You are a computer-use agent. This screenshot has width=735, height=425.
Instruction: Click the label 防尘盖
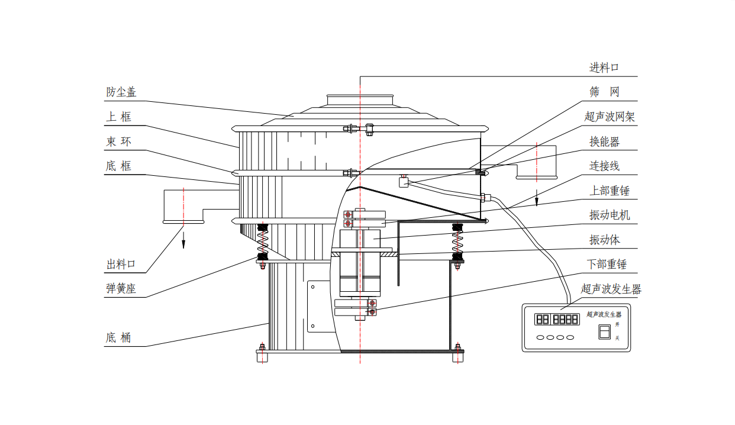coord(121,92)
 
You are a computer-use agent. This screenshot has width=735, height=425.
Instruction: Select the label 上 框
coord(118,117)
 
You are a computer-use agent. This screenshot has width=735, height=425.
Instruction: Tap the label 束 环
coord(118,142)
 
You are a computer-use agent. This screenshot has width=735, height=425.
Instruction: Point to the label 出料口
coord(121,265)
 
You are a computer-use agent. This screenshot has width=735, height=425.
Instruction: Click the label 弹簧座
coord(121,289)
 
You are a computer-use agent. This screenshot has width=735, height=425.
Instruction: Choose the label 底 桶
coord(118,338)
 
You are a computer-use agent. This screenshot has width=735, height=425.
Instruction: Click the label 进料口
coord(604,68)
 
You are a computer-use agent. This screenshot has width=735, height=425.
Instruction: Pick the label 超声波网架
coord(610,117)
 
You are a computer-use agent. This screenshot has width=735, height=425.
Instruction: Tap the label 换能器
coord(604,142)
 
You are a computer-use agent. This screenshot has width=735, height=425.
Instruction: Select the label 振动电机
coord(610,215)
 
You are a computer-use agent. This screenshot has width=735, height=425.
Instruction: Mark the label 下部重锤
coord(607,265)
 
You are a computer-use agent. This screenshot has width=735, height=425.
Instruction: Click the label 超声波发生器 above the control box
coord(611,289)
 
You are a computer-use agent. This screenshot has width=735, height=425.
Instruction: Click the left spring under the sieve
coord(262,242)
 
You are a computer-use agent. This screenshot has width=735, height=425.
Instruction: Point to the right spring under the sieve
coord(457,242)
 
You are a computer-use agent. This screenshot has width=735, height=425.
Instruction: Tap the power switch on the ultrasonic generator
coord(604,333)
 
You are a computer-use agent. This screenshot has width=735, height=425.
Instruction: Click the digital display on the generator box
coord(557,320)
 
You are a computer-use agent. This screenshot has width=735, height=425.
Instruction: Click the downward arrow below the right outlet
coord(537,198)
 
